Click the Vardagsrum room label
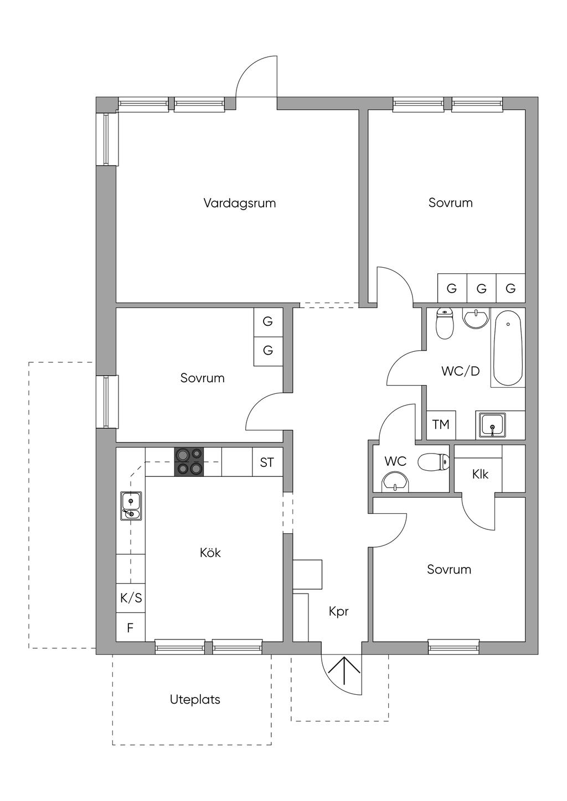tap(239, 203)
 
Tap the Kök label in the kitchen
tap(210, 553)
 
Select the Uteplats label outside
tap(195, 700)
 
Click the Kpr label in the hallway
tap(338, 611)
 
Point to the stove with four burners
tap(189, 462)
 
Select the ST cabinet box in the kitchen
tap(267, 462)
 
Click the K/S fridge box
tap(131, 598)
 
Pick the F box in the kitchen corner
tap(131, 628)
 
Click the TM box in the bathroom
tap(441, 425)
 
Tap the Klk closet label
tap(480, 474)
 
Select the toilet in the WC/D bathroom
tap(445, 324)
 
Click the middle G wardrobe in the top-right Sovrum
tap(481, 289)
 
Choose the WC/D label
tap(460, 371)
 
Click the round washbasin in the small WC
tap(395, 482)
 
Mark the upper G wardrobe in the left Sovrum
tap(268, 321)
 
